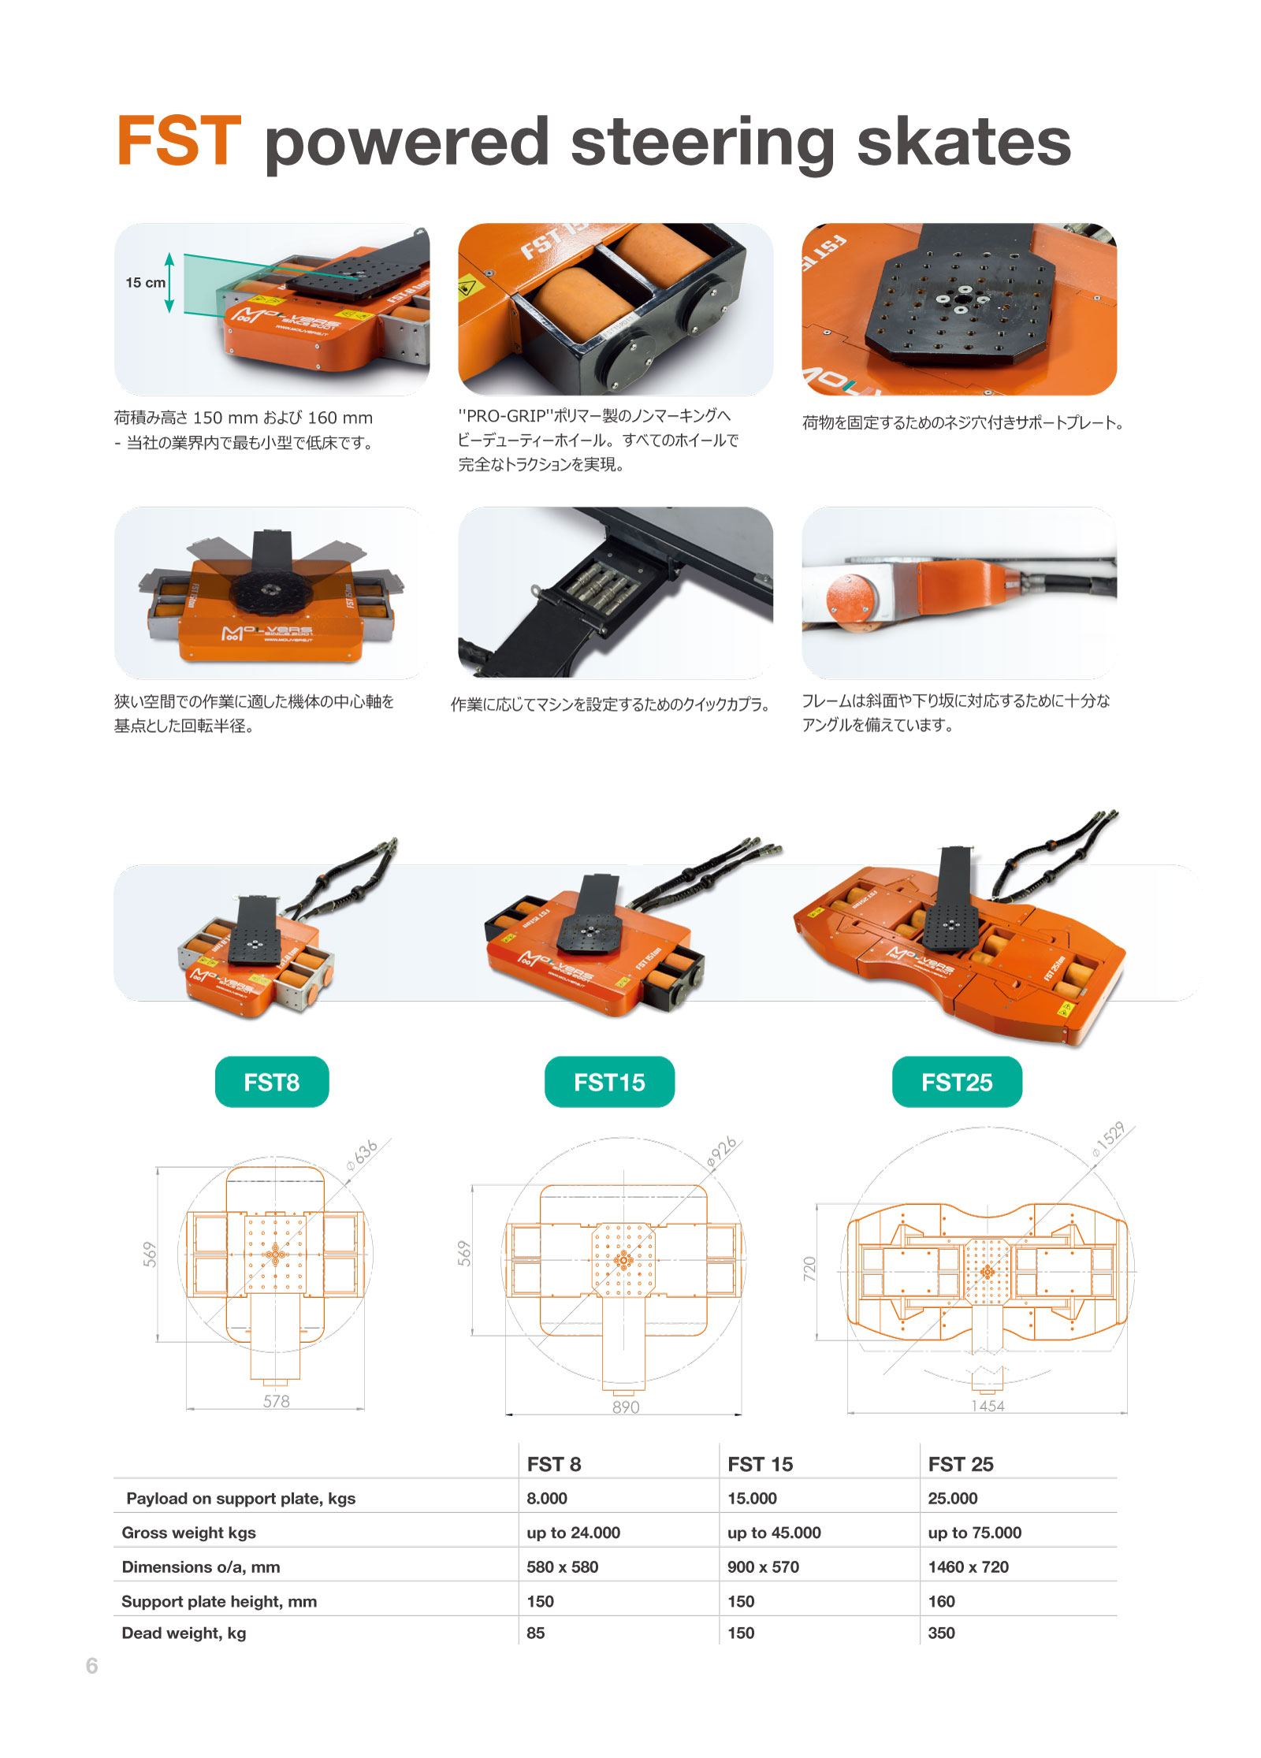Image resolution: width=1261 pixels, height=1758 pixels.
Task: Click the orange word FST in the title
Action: pyautogui.click(x=179, y=141)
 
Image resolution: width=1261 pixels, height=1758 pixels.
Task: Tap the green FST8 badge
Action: pyautogui.click(x=272, y=1082)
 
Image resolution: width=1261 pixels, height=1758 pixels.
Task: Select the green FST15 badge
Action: pyautogui.click(x=609, y=1082)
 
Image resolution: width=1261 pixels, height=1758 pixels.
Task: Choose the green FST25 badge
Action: pyautogui.click(x=957, y=1082)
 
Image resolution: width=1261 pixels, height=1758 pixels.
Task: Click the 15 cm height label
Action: pyautogui.click(x=146, y=283)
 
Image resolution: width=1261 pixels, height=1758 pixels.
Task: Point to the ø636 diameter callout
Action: pyautogui.click(x=362, y=1155)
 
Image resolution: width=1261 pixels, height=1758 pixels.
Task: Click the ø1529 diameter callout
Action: pyautogui.click(x=1108, y=1139)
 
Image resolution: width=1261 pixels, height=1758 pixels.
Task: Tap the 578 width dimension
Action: pyautogui.click(x=276, y=1401)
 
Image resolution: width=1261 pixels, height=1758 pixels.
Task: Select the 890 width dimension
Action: pyautogui.click(x=626, y=1407)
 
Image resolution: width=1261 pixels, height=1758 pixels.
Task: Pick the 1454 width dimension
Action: pyautogui.click(x=988, y=1406)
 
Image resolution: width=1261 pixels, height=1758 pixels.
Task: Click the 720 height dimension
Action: pyautogui.click(x=809, y=1269)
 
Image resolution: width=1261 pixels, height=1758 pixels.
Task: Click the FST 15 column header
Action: pyautogui.click(x=760, y=1464)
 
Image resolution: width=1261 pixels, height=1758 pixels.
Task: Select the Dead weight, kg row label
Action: pyautogui.click(x=184, y=1633)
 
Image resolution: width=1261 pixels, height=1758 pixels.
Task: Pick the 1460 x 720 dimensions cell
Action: pyautogui.click(x=968, y=1567)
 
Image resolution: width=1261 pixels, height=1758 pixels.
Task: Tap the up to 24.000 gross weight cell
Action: pyautogui.click(x=573, y=1533)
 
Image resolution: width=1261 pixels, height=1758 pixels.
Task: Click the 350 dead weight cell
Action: pyautogui.click(x=941, y=1633)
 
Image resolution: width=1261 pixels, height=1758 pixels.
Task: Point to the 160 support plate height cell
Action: pyautogui.click(x=941, y=1601)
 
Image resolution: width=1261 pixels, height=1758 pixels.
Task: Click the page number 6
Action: pyautogui.click(x=92, y=1665)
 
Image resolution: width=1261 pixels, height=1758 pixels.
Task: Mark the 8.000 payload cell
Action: pyautogui.click(x=547, y=1498)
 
